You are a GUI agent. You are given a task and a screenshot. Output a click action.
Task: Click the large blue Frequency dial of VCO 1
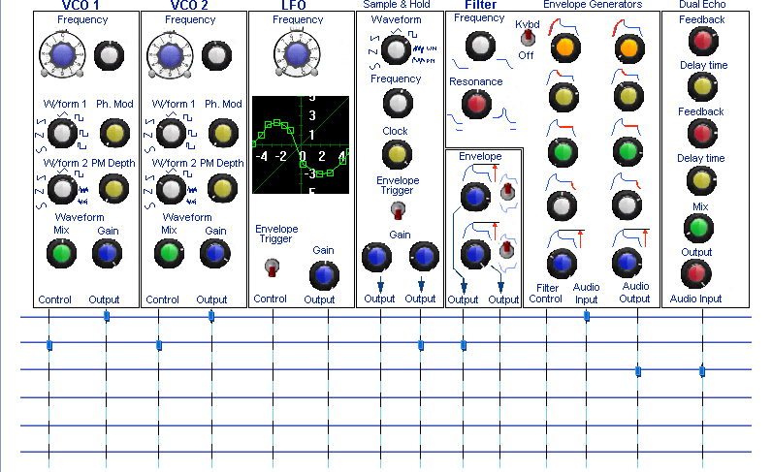(x=62, y=55)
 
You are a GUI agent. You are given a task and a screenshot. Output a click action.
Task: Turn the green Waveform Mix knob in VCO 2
(x=169, y=254)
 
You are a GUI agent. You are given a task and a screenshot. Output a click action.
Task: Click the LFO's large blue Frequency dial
(x=297, y=54)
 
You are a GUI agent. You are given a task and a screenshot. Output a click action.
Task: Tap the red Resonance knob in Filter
(x=476, y=104)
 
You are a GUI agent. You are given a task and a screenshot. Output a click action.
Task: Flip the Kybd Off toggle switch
(x=528, y=38)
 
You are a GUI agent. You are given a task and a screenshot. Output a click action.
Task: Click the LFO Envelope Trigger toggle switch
(x=272, y=267)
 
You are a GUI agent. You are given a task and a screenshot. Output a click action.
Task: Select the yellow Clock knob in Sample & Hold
(x=397, y=154)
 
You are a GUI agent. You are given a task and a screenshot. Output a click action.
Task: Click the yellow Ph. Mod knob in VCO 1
(x=114, y=133)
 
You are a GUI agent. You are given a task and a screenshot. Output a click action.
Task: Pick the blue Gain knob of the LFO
(x=324, y=275)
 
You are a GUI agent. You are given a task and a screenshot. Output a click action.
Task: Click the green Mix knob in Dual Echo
(x=698, y=228)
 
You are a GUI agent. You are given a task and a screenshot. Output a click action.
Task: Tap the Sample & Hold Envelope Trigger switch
(x=398, y=210)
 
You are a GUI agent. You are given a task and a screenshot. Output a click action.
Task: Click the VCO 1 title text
(x=80, y=6)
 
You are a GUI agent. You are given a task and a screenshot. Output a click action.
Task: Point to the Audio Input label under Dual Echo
(x=695, y=299)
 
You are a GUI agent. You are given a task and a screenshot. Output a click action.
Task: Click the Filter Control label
(x=546, y=294)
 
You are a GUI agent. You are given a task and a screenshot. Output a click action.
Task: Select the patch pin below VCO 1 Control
(x=49, y=345)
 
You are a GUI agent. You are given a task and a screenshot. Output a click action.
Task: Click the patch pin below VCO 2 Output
(x=211, y=316)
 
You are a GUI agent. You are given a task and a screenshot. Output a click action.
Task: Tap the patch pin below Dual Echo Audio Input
(x=702, y=371)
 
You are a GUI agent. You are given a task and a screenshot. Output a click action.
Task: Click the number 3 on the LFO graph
(x=312, y=115)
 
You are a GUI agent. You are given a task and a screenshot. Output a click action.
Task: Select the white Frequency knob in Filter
(x=480, y=46)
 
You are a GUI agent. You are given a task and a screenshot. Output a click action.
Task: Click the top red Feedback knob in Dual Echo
(x=703, y=41)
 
